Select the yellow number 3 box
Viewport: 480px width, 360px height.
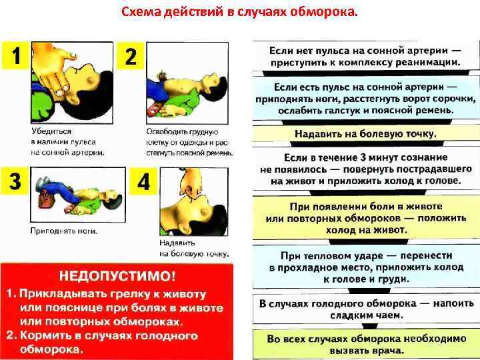click(15, 181)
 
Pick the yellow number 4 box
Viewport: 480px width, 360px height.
click(143, 181)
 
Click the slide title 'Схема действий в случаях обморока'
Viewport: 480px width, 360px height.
click(239, 12)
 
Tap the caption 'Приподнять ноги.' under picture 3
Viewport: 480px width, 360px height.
click(63, 231)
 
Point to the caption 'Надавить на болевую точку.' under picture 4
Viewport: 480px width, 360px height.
click(194, 248)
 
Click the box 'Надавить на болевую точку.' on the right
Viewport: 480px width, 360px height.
click(365, 133)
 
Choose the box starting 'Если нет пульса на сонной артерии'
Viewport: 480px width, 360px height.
click(365, 56)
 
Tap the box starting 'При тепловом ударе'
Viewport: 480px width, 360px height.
click(365, 266)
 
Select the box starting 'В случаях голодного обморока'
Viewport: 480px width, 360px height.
click(365, 309)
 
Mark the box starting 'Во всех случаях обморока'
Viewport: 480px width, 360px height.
click(365, 344)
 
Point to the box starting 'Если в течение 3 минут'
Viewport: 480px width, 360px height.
click(365, 169)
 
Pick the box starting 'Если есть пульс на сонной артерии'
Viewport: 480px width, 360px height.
click(365, 99)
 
